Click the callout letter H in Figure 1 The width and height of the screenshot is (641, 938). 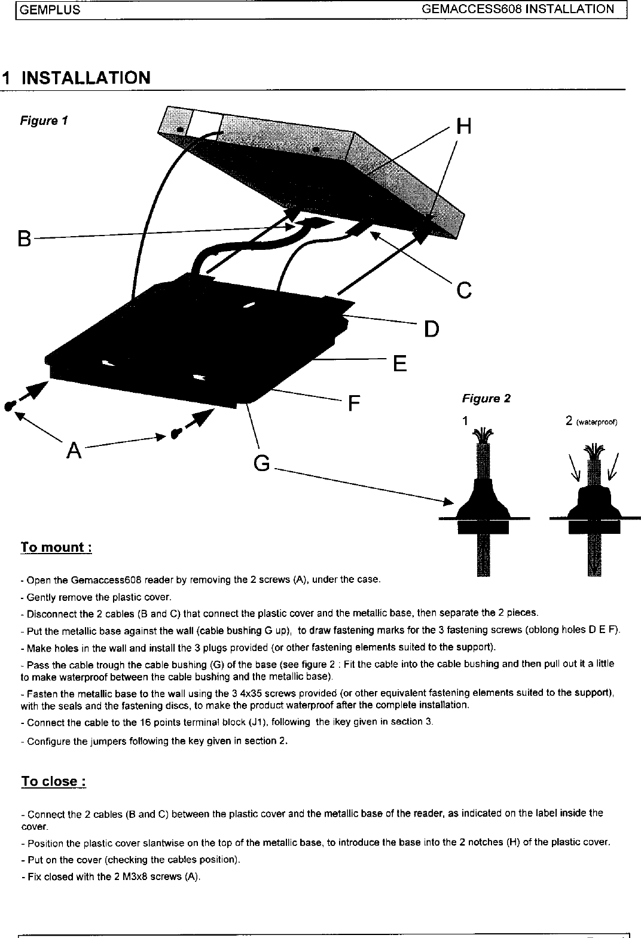pos(463,127)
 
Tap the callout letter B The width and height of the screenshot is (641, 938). pos(24,239)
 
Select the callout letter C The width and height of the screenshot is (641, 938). pos(464,291)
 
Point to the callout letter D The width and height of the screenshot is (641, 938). pos(431,329)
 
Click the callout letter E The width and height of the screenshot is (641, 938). pos(400,363)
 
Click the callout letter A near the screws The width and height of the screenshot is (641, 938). pos(74,450)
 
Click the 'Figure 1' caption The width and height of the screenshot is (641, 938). pos(44,121)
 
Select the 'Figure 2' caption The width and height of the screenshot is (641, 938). pos(486,399)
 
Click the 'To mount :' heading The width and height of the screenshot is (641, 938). pos(56,548)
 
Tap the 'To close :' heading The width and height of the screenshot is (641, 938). pos(54,781)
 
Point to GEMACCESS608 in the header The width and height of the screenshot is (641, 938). pos(472,9)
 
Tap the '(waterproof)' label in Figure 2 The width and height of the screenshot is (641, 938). pos(596,422)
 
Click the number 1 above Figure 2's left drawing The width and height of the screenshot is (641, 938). pos(464,421)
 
